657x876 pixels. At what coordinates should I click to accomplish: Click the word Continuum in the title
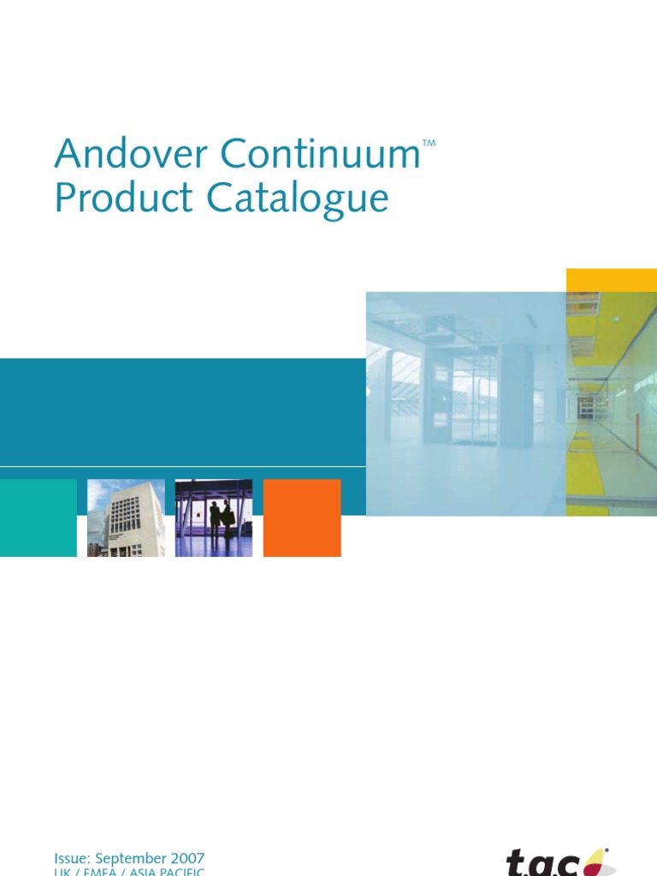point(320,155)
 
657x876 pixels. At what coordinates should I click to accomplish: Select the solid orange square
point(302,518)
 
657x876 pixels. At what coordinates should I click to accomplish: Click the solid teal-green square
point(38,518)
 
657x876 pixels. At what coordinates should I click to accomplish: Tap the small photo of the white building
point(126,518)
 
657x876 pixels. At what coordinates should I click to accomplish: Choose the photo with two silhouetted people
point(214,518)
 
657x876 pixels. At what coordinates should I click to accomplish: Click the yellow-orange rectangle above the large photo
point(611,280)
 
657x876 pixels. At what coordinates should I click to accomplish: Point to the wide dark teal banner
point(182,411)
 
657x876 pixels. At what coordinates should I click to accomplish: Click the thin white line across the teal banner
point(182,466)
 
